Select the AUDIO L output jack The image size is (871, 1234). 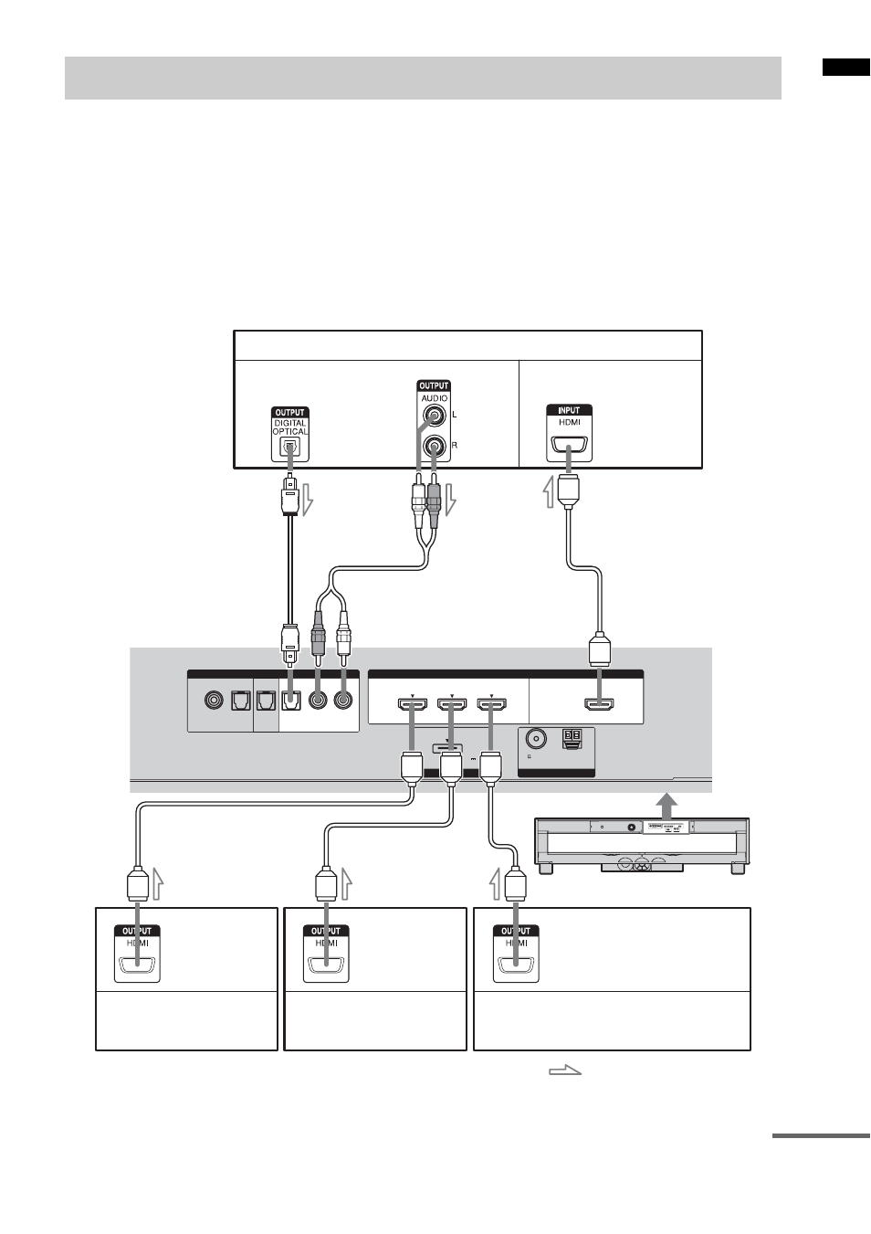pos(435,415)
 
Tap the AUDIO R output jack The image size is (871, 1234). pos(435,445)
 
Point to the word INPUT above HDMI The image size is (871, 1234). pos(569,410)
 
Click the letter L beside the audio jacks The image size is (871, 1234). pos(455,415)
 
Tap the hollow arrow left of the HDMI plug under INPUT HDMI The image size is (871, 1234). pos(549,492)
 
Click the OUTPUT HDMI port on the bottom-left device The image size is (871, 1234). pos(137,965)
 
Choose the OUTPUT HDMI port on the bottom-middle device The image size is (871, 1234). pos(326,965)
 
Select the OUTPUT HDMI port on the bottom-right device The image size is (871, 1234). pos(516,965)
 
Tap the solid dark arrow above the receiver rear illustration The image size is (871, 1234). pos(667,805)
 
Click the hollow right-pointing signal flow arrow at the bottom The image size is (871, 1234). pos(565,1070)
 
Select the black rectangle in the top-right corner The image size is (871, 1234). pos(846,67)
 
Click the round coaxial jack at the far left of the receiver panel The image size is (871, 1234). pos(214,701)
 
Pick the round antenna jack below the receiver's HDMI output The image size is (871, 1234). pos(535,737)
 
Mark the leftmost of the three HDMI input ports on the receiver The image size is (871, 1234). pos(413,703)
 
